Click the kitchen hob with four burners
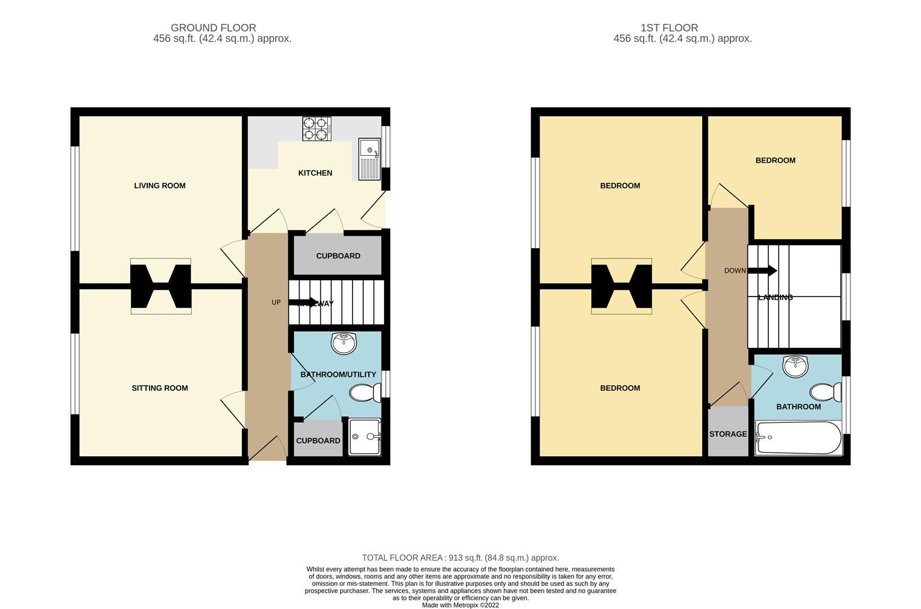click(x=316, y=129)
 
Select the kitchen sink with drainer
click(x=370, y=159)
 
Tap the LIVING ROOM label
click(x=160, y=186)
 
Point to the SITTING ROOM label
click(x=160, y=388)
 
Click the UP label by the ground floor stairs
click(x=276, y=303)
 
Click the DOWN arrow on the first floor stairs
click(x=764, y=271)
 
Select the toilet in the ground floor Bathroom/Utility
click(x=365, y=392)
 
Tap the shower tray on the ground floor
click(x=364, y=436)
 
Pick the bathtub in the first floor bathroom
click(x=798, y=438)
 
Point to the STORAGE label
click(x=728, y=434)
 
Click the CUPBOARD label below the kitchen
click(x=338, y=256)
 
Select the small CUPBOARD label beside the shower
click(x=318, y=441)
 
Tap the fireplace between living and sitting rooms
click(x=161, y=286)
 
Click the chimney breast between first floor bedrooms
click(x=622, y=286)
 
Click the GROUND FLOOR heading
click(x=213, y=28)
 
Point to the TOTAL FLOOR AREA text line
click(x=460, y=558)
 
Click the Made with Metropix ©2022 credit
click(x=460, y=605)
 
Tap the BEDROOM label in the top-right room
click(x=775, y=161)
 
